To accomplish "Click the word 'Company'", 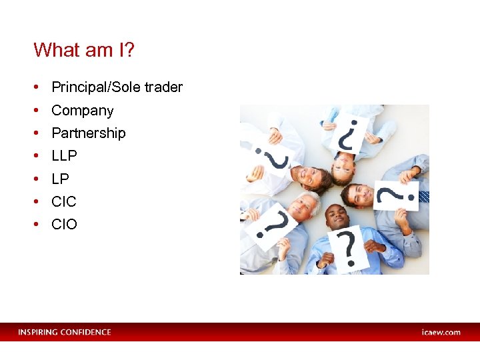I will (83, 111).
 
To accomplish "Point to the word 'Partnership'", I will (88, 133).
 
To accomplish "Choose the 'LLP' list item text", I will (64, 156).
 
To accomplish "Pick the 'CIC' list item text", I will (64, 201).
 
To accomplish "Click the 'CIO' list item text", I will (64, 225).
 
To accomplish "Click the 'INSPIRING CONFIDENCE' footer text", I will (65, 332).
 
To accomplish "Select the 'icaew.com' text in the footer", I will (441, 332).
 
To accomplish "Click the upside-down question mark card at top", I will (351, 135).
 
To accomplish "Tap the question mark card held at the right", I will (396, 195).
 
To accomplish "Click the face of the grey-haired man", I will (303, 207).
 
